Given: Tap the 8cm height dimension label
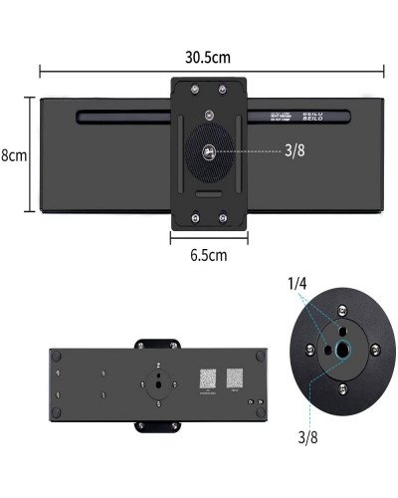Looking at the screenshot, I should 13,156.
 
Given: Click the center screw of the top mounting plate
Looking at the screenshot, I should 210,152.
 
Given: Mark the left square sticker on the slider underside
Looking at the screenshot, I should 205,380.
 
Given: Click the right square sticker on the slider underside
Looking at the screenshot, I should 236,380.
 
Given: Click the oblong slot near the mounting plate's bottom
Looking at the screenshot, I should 210,195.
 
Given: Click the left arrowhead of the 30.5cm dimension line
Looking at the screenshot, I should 41,70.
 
